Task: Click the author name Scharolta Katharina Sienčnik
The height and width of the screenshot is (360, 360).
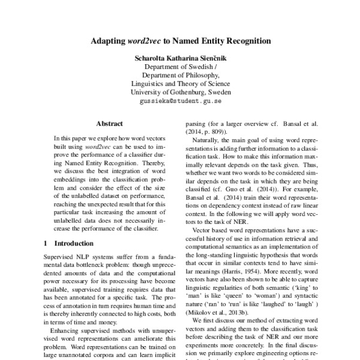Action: point(180,59)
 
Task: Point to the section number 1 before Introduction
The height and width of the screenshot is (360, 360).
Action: point(47,244)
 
